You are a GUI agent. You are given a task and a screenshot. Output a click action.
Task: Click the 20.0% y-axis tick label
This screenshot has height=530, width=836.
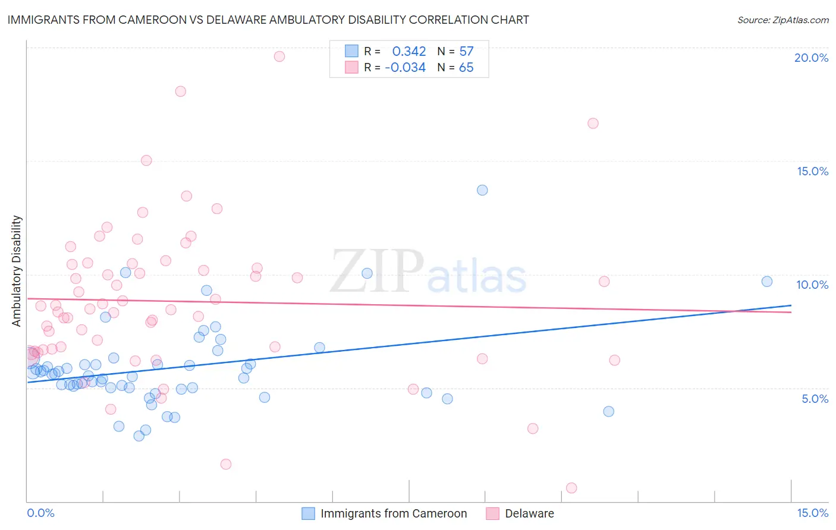(x=811, y=58)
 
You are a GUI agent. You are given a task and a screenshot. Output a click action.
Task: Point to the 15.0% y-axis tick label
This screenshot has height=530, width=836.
(x=812, y=171)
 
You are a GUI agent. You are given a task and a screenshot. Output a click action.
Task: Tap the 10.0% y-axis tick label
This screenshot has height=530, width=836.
(x=812, y=285)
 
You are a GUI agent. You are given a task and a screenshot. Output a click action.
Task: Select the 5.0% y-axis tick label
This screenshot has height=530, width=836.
(x=815, y=399)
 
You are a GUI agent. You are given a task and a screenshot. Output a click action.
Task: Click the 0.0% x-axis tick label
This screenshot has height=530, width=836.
(x=40, y=513)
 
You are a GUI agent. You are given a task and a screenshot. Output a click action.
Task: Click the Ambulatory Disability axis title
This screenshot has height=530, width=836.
(x=17, y=271)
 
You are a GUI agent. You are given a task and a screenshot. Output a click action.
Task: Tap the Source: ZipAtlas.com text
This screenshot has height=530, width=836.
(x=782, y=20)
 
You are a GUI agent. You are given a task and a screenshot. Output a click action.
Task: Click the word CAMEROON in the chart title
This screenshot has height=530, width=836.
(x=162, y=20)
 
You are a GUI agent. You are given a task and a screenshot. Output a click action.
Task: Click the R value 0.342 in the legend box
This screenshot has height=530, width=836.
(x=409, y=52)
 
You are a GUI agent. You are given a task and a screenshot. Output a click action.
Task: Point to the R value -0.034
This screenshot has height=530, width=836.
(x=405, y=68)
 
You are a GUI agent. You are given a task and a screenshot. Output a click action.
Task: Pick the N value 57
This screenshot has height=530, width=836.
(x=466, y=52)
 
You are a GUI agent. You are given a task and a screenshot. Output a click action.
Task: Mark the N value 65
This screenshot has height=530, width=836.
(x=466, y=68)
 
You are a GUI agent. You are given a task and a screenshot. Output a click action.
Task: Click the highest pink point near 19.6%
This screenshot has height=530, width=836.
(x=279, y=56)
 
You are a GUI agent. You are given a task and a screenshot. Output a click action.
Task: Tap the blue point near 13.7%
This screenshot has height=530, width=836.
(x=482, y=190)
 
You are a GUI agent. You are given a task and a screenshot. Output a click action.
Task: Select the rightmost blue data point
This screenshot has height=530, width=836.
(x=767, y=282)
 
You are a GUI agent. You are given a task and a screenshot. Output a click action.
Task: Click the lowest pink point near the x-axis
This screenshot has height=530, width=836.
(x=571, y=488)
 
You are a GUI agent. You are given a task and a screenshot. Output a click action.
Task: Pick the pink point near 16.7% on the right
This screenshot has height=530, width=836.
(x=593, y=124)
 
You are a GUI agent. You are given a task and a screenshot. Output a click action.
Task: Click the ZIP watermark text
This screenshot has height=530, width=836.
(x=377, y=272)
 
